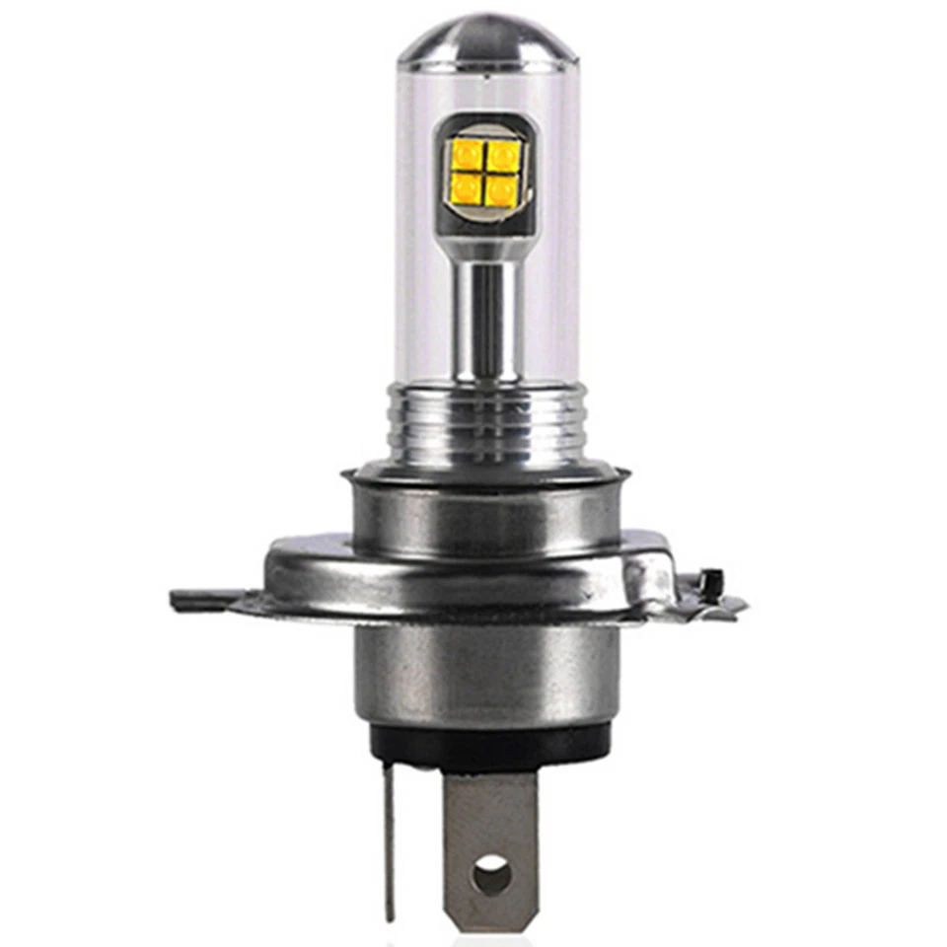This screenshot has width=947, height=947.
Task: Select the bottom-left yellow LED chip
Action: coord(467,187)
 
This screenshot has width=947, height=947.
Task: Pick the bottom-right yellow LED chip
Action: coord(501,187)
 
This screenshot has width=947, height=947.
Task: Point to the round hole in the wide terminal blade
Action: coord(490,875)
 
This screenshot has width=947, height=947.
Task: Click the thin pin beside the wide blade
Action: coord(391,838)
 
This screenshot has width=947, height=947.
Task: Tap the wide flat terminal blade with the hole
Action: coord(490,819)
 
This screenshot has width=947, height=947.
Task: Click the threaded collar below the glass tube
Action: coord(486,424)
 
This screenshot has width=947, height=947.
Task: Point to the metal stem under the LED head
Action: coord(486,316)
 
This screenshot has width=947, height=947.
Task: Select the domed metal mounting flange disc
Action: coord(464,572)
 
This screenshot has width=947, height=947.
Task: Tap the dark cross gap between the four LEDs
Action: coord(484,171)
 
